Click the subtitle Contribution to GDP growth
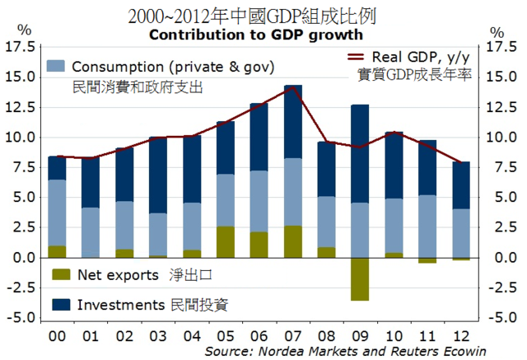(255, 35)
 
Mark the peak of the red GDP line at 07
(293, 87)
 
